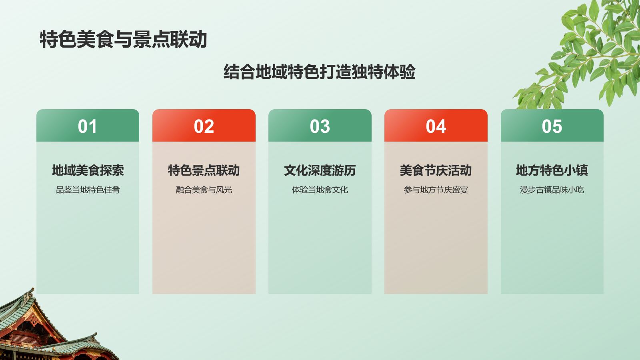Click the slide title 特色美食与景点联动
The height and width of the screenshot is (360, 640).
[x=123, y=40]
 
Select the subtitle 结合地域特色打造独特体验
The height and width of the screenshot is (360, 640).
[x=319, y=72]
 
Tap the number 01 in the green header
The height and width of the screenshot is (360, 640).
[x=88, y=126]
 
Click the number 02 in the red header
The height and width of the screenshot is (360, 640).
[x=204, y=126]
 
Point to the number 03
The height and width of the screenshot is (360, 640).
[x=320, y=126]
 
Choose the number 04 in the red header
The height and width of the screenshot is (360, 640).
[x=436, y=126]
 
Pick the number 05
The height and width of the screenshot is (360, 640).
[x=552, y=126]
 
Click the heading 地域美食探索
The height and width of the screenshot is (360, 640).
[x=88, y=170]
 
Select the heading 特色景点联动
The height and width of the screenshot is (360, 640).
[x=204, y=170]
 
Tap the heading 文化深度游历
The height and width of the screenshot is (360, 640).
[x=320, y=170]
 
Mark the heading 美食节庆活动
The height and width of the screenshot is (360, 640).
[x=436, y=170]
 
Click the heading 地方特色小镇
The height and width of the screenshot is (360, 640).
[x=552, y=170]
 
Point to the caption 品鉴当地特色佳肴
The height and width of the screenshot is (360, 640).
[x=88, y=190]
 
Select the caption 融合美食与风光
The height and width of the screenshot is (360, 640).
[x=204, y=190]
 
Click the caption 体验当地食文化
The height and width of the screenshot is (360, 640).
[x=320, y=190]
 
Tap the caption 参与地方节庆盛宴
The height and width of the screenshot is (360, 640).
[x=436, y=190]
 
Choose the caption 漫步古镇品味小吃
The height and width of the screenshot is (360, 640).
[x=552, y=190]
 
